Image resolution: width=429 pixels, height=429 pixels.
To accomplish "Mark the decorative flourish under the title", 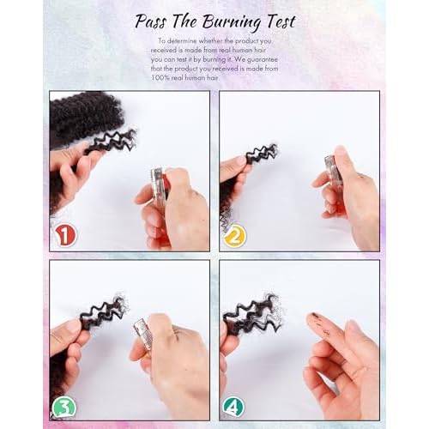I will click(214, 32).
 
